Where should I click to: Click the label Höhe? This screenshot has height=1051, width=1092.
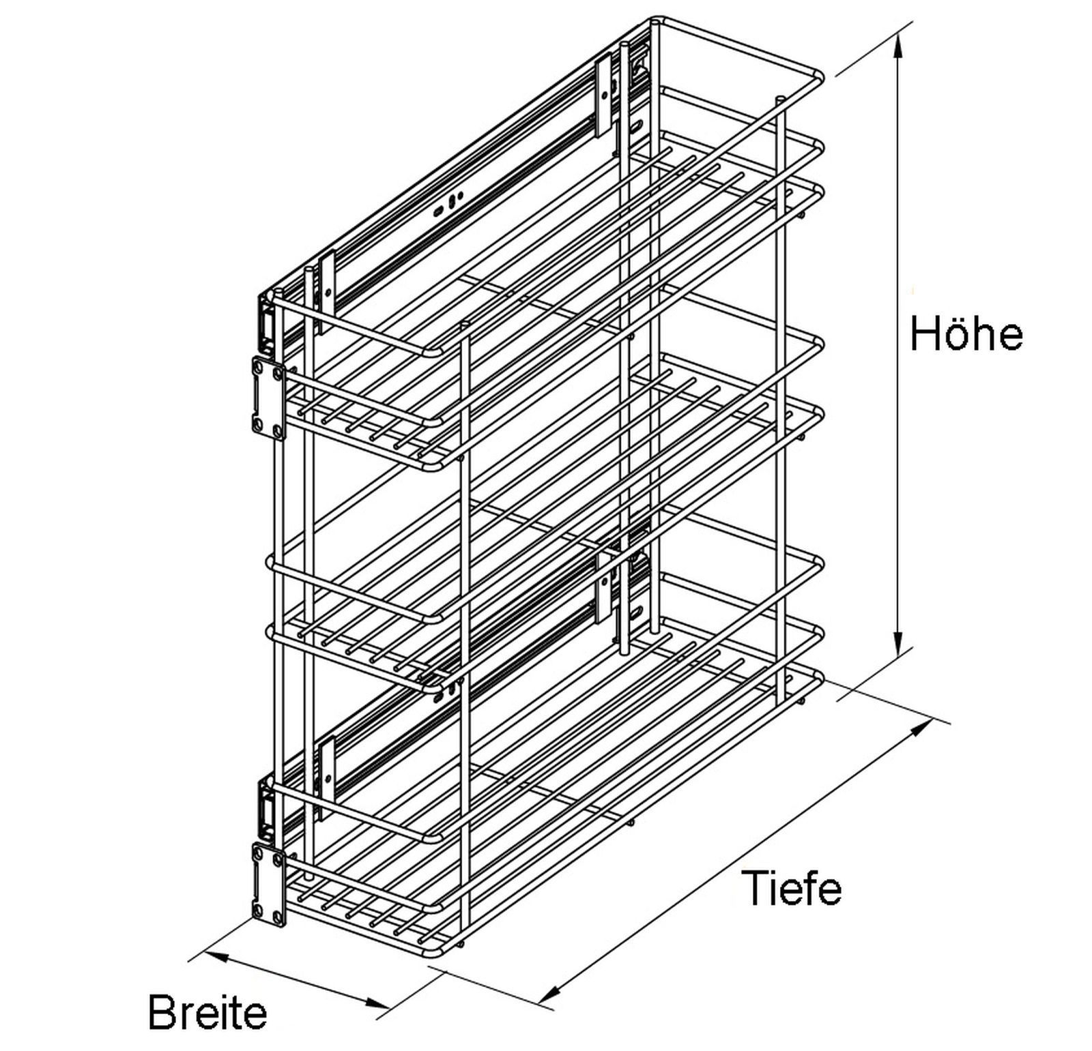tap(966, 334)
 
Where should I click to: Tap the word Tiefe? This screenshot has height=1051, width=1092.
tap(792, 887)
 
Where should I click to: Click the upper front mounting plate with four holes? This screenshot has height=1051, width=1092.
tap(269, 398)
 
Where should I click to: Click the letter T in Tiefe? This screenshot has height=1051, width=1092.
tap(754, 888)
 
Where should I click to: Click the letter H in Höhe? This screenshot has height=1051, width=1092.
tap(924, 334)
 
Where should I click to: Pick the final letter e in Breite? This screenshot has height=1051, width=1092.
tap(255, 1016)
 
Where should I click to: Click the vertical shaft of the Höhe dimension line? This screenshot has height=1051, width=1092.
tap(900, 342)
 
